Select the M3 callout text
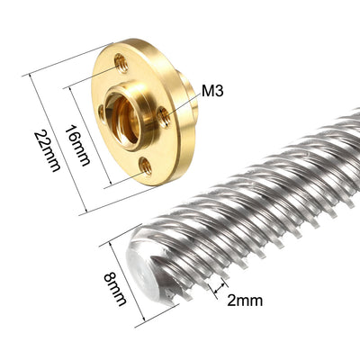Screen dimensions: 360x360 212,91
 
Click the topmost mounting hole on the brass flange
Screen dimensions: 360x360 121,62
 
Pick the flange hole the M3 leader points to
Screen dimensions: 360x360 164,114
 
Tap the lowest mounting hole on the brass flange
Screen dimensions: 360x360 144,165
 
